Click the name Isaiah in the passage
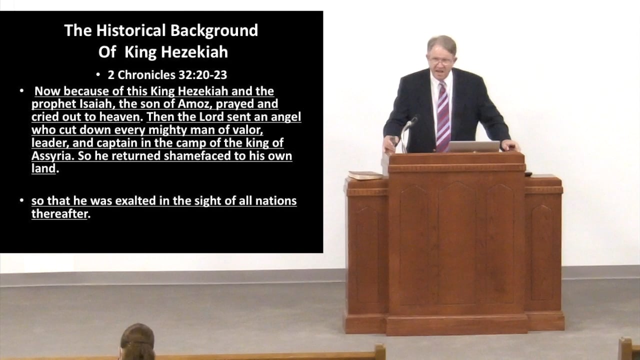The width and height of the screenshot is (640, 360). point(88,104)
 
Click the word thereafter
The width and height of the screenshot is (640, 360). point(59,214)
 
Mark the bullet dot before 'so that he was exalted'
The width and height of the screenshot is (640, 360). point(22,201)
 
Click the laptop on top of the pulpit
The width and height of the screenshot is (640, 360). point(472,146)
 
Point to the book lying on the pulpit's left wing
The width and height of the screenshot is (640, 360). point(365,175)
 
